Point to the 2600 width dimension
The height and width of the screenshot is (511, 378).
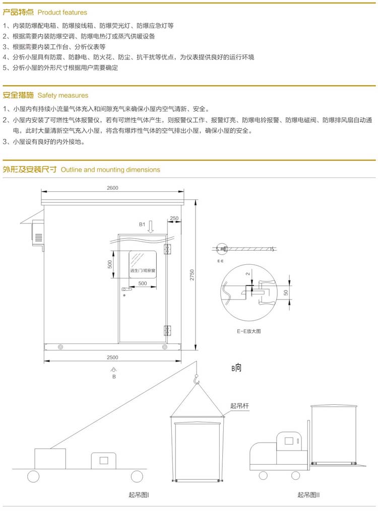pos(112,188)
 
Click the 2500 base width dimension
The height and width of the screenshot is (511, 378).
pos(112,357)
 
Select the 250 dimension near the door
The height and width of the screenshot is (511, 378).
pos(174,218)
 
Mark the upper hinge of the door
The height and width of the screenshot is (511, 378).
pos(168,249)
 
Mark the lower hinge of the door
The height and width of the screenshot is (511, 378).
pos(167,330)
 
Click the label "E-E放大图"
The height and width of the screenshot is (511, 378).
pos(249,331)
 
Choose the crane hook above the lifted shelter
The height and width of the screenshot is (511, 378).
pos(197,384)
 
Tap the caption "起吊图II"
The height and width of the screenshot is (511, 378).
pos(308,495)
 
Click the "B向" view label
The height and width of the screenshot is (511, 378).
pos(236,368)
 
